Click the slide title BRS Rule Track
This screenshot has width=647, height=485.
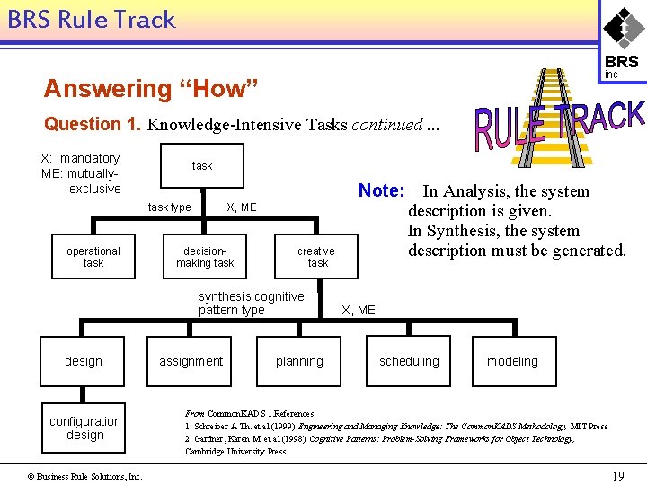(x=92, y=20)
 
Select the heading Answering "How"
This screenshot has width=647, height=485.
(x=151, y=89)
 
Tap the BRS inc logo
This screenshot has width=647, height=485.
(x=621, y=40)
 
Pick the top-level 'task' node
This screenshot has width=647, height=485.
(x=202, y=165)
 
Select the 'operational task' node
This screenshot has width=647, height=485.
(x=93, y=257)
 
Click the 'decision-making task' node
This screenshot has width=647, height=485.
(x=205, y=257)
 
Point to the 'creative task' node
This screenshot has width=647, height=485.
(x=316, y=257)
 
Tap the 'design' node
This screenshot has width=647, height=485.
(x=84, y=361)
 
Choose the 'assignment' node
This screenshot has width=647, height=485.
(x=191, y=361)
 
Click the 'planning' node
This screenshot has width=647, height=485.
(x=299, y=361)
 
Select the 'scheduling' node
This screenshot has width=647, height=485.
(x=409, y=361)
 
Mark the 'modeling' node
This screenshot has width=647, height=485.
(x=512, y=361)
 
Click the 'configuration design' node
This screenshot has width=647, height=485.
(x=84, y=428)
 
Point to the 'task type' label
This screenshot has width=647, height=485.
(x=169, y=207)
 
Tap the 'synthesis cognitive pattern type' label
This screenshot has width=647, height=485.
(x=251, y=303)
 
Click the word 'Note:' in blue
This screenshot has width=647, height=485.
(x=382, y=190)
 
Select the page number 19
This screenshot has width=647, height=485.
(x=617, y=476)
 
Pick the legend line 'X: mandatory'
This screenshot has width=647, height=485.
(x=80, y=158)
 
